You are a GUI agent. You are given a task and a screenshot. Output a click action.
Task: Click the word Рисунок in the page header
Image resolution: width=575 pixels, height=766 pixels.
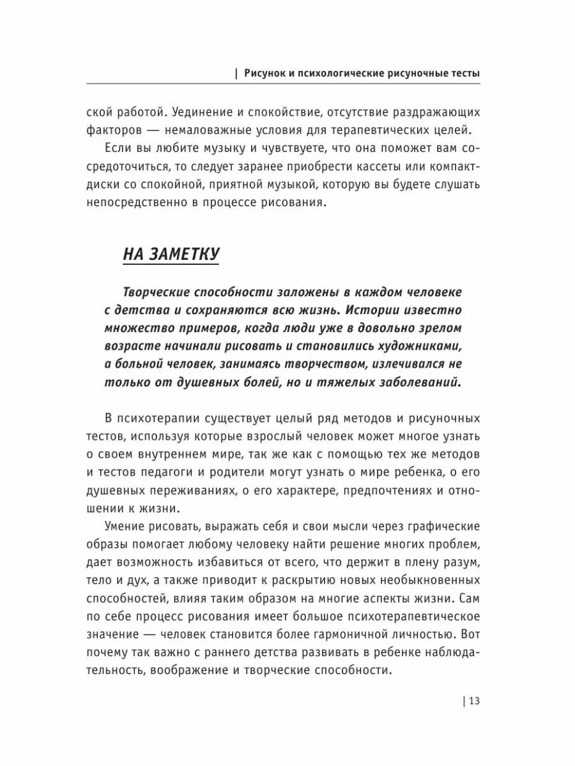click(267, 73)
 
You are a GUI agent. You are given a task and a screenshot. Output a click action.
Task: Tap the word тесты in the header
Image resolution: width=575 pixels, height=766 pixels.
click(463, 73)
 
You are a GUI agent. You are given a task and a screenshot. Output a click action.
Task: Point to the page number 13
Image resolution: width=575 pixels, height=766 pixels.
click(473, 701)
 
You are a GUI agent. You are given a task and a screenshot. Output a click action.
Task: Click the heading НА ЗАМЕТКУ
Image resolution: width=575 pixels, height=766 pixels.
click(171, 254)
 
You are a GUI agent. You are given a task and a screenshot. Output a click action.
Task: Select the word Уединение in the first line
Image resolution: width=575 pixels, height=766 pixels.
click(204, 112)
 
